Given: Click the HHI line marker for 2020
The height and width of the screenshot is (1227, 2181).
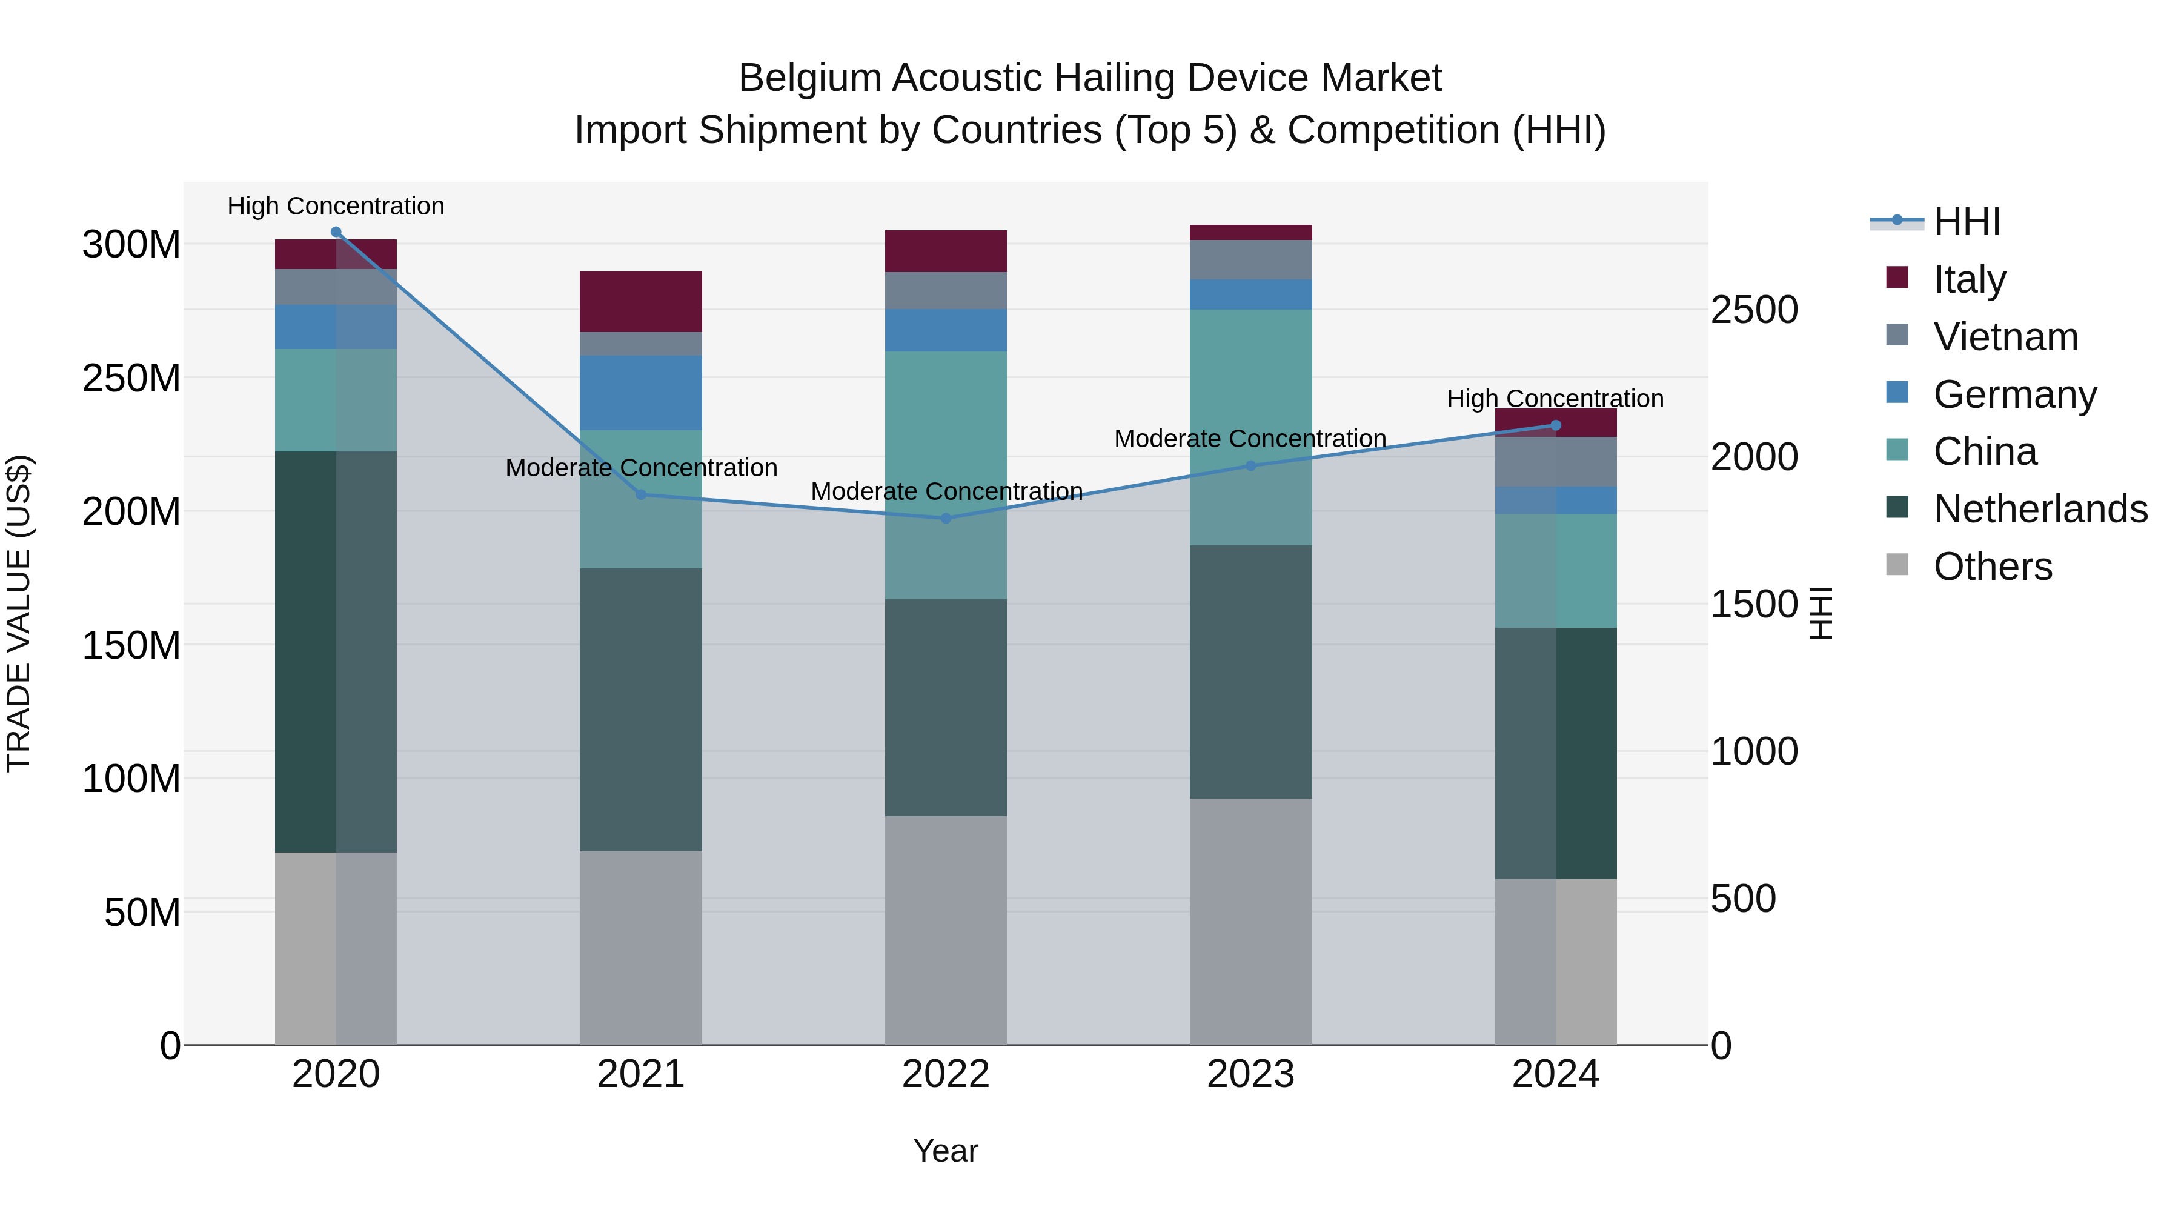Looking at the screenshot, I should coord(336,232).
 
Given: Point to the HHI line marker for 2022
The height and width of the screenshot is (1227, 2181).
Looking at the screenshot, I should coord(946,518).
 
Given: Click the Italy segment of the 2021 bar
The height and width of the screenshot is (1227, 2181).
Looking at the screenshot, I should coord(641,302).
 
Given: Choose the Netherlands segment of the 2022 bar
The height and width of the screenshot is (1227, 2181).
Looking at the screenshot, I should coord(946,708).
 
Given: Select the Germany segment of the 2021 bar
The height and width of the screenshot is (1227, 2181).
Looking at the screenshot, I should coord(641,393).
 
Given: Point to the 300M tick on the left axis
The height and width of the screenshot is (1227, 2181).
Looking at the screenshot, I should coord(131,245).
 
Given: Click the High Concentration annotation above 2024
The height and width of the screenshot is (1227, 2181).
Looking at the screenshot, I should coord(1555,399).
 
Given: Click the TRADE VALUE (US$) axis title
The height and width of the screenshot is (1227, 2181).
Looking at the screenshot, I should coord(19,614).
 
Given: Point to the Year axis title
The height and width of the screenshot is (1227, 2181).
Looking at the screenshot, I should coord(946,1151).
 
